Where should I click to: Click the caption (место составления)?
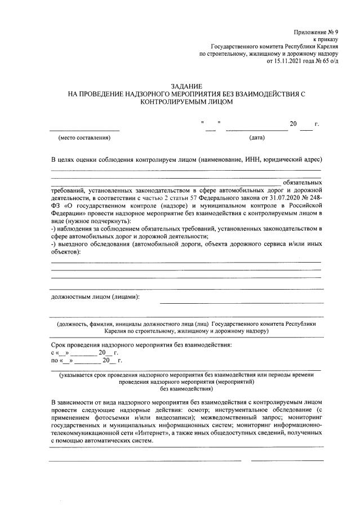(x=85, y=138)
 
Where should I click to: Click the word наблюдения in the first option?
(x=78, y=229)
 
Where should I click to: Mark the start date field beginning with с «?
(x=85, y=352)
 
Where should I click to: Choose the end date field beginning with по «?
(x=87, y=360)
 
